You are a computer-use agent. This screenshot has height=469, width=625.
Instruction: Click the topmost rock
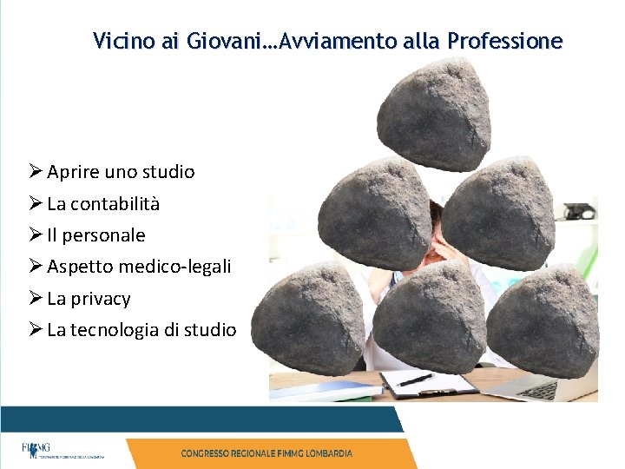click(435, 112)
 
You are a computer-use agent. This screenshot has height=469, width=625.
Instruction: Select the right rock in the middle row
click(498, 213)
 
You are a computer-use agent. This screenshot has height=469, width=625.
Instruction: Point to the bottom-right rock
click(546, 320)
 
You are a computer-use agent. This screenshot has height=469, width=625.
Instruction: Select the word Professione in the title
click(505, 41)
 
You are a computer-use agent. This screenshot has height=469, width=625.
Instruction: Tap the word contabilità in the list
click(115, 204)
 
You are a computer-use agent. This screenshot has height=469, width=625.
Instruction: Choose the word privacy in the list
click(100, 299)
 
